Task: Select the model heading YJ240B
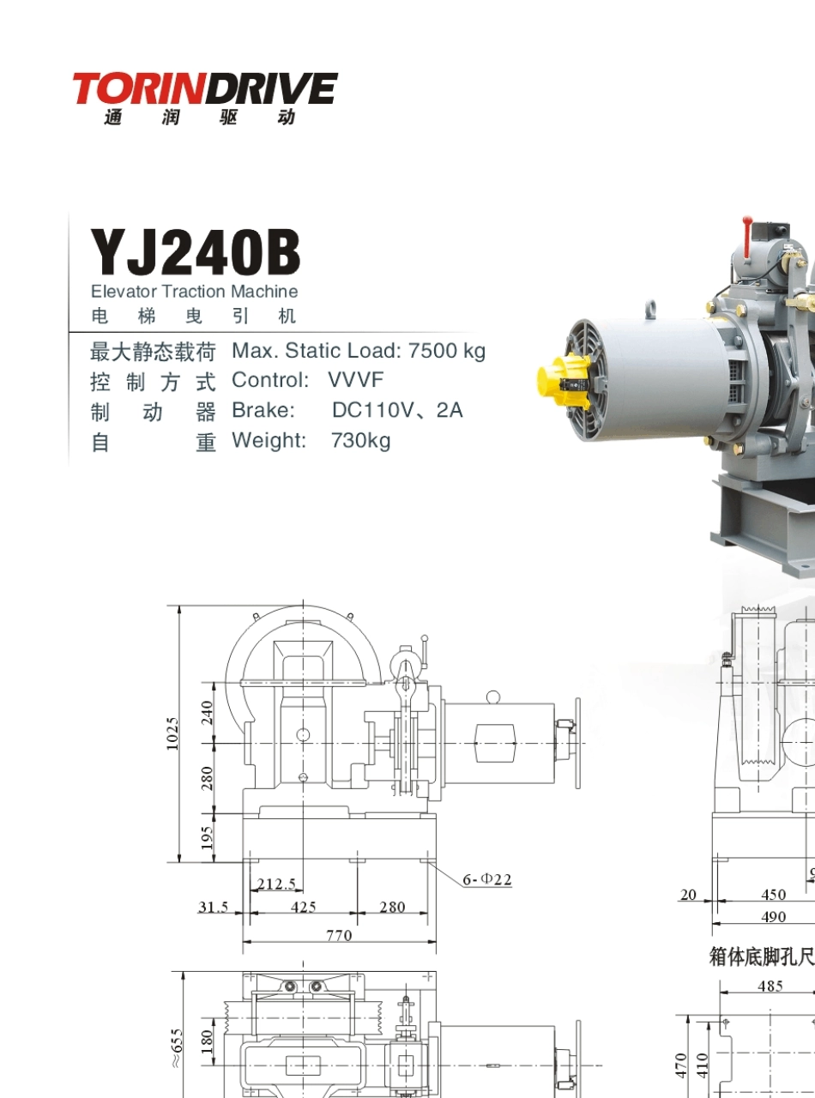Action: (x=195, y=252)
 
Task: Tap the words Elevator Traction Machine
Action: (x=195, y=292)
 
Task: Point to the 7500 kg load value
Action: (x=447, y=351)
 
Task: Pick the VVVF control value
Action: (x=355, y=380)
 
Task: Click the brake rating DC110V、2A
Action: (x=397, y=410)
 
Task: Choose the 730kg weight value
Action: (x=361, y=441)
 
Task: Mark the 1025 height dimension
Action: (x=172, y=733)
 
